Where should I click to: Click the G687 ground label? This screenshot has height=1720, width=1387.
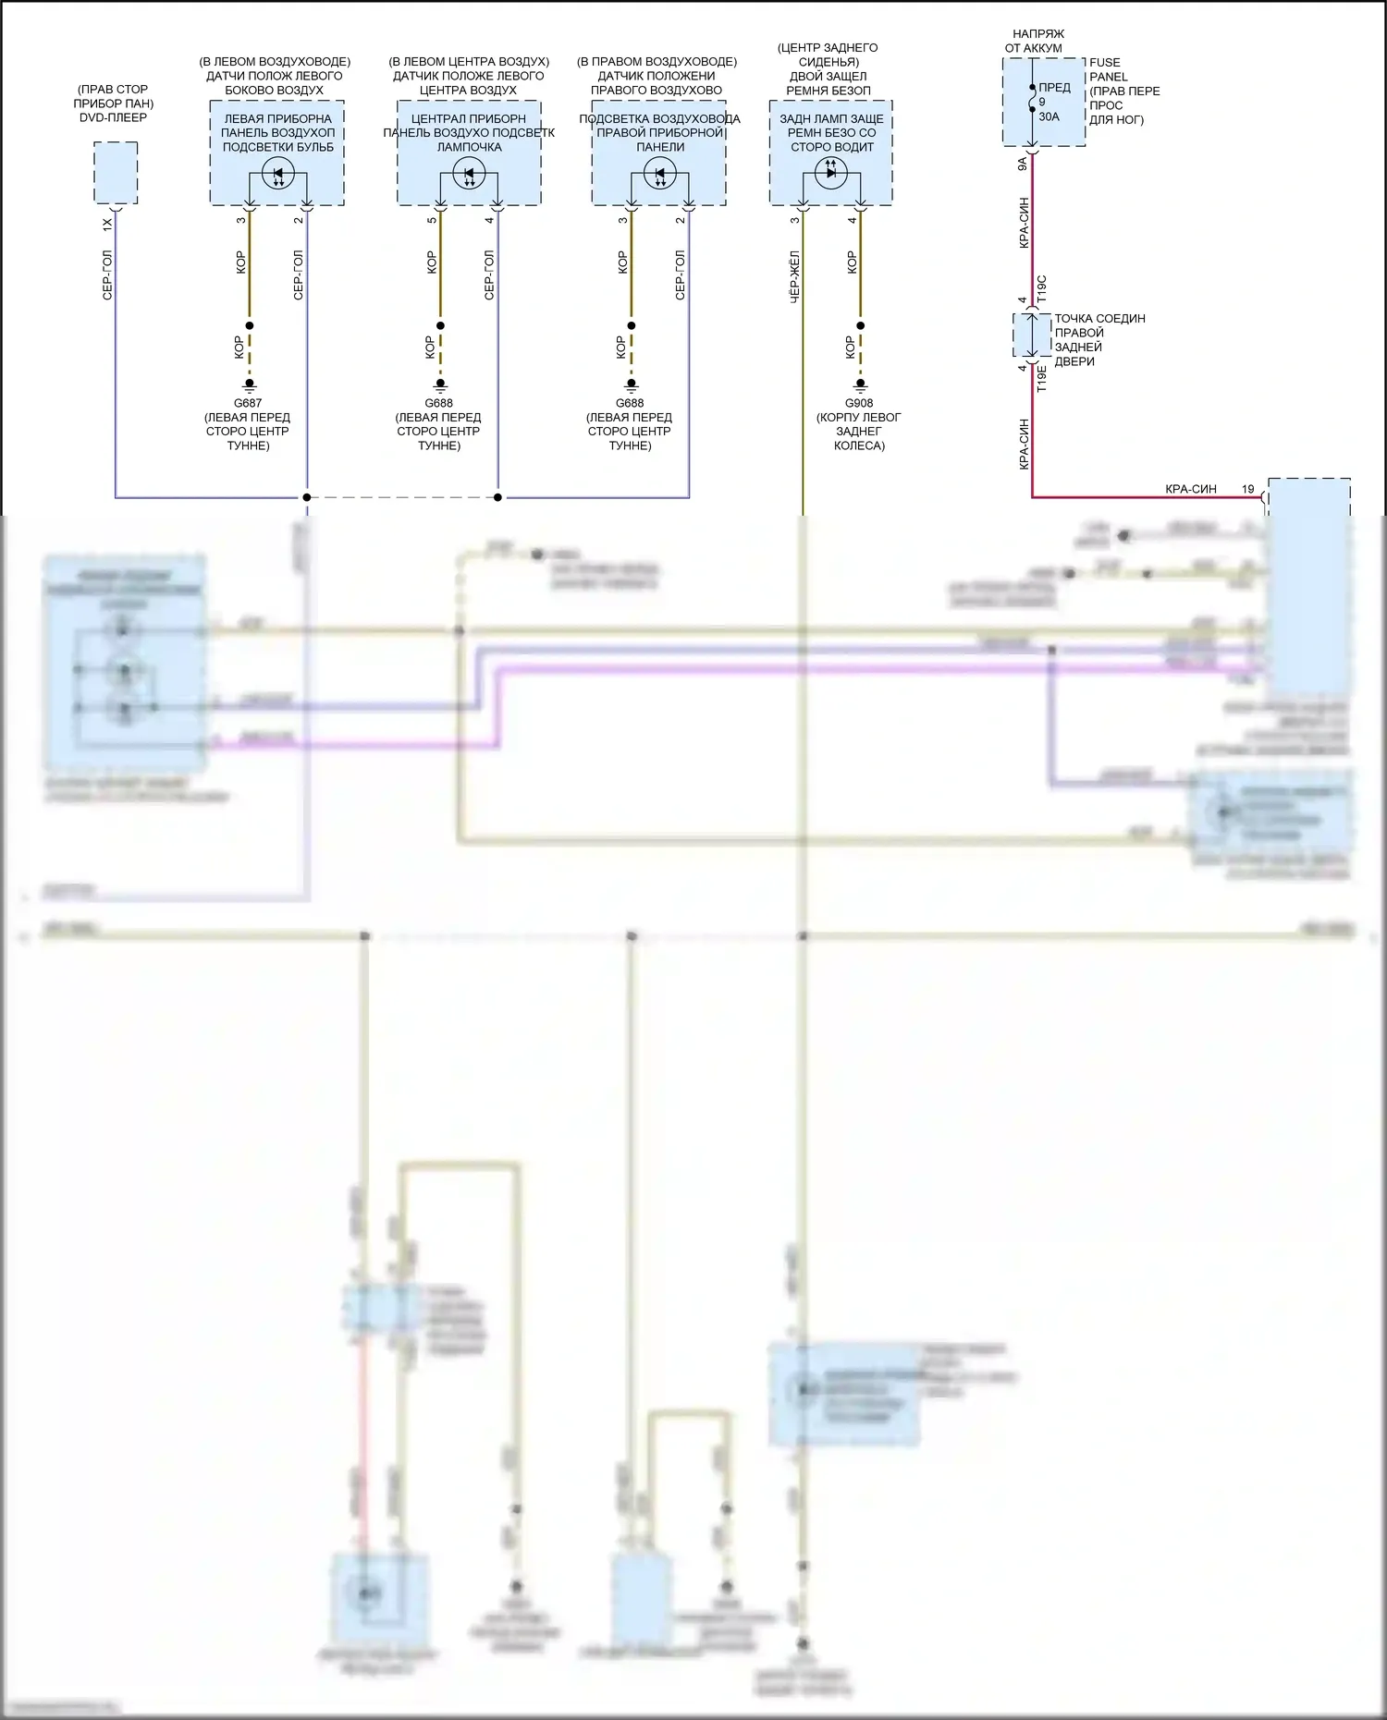click(x=248, y=403)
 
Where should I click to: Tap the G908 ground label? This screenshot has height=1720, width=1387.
click(x=859, y=403)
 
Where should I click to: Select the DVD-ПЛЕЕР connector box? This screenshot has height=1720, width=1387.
click(x=116, y=173)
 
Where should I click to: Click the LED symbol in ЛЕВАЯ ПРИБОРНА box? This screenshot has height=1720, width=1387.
click(x=278, y=173)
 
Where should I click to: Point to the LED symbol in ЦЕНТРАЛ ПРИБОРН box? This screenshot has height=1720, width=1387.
click(x=469, y=173)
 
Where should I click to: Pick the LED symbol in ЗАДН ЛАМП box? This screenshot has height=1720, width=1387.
click(x=830, y=172)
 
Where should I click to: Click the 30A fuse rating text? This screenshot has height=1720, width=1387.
click(x=1049, y=116)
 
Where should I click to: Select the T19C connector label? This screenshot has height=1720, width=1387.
click(x=1042, y=288)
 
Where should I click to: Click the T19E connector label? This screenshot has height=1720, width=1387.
click(x=1042, y=379)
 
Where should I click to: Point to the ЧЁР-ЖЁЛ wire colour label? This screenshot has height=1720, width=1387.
click(x=794, y=276)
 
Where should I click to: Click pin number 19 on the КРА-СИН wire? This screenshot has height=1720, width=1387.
click(x=1248, y=489)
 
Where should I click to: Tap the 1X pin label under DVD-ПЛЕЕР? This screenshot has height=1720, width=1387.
click(x=107, y=224)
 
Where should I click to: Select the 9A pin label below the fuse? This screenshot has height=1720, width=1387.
click(x=1023, y=164)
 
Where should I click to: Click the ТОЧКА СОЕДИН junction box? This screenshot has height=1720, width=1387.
click(x=1032, y=335)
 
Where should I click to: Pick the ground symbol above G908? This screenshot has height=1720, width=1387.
click(x=860, y=384)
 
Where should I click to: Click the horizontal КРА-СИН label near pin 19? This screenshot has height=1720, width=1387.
click(x=1191, y=489)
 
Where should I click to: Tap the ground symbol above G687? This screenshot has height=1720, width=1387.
click(x=249, y=384)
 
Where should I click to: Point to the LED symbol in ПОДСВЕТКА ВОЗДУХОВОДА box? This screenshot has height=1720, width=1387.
click(x=660, y=173)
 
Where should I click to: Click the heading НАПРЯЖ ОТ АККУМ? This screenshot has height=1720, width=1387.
click(x=1035, y=41)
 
